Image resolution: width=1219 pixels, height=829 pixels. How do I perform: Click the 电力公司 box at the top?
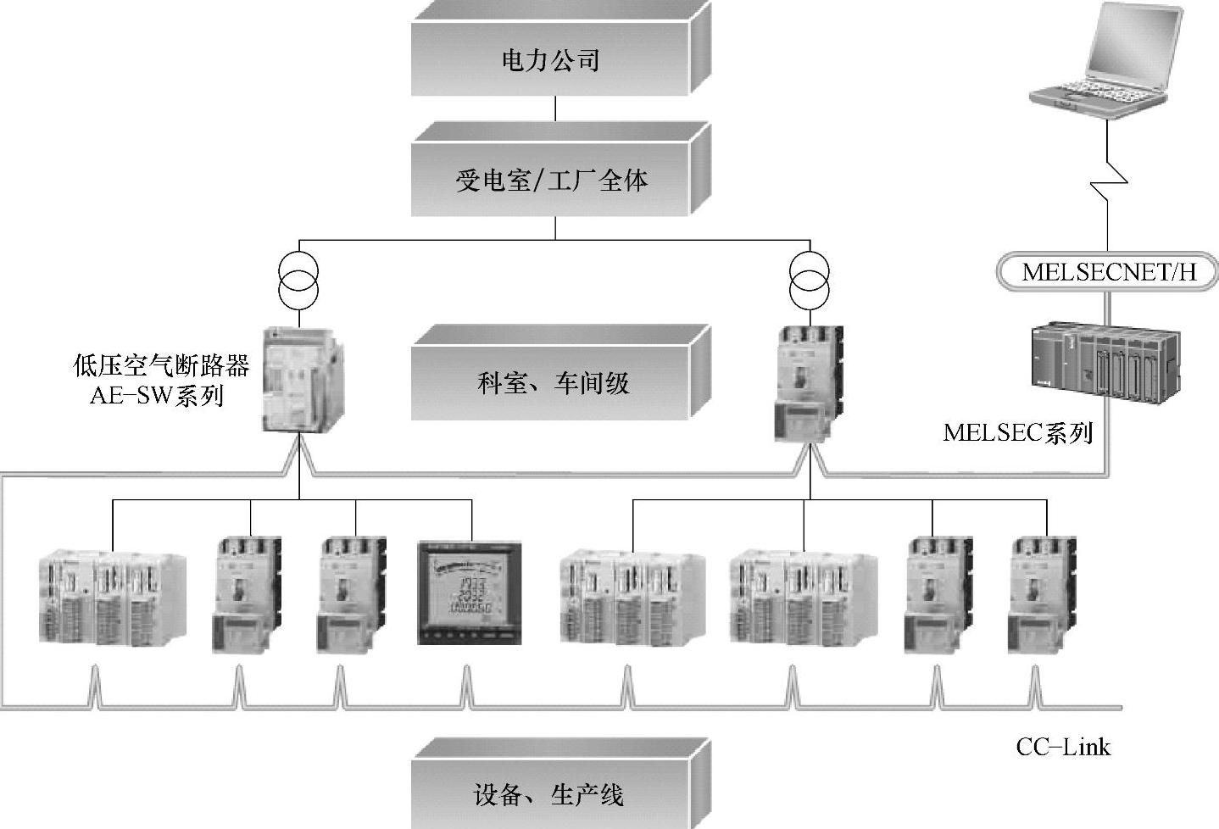click(x=551, y=59)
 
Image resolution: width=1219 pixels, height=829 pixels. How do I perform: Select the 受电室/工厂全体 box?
click(x=551, y=180)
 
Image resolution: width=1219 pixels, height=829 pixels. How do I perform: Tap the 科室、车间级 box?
click(x=551, y=383)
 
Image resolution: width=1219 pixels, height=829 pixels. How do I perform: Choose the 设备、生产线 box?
click(x=551, y=795)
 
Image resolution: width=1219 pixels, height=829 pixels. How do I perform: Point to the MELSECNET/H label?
click(x=1109, y=272)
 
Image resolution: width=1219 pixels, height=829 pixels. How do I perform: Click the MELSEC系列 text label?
click(x=1017, y=432)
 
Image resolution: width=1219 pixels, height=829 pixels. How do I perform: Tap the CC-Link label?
click(x=1063, y=747)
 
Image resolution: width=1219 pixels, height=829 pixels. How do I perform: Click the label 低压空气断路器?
click(x=161, y=366)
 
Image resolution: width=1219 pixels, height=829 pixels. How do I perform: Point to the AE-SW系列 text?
click(x=157, y=395)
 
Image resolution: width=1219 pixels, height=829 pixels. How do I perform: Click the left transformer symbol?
click(x=298, y=280)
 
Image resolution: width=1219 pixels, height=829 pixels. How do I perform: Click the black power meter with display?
click(x=470, y=593)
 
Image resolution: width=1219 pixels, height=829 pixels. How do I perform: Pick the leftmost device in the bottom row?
click(x=113, y=598)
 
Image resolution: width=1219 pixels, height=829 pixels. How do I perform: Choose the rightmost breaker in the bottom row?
click(x=1042, y=593)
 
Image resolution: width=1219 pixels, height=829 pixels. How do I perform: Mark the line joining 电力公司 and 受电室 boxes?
click(x=555, y=108)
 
